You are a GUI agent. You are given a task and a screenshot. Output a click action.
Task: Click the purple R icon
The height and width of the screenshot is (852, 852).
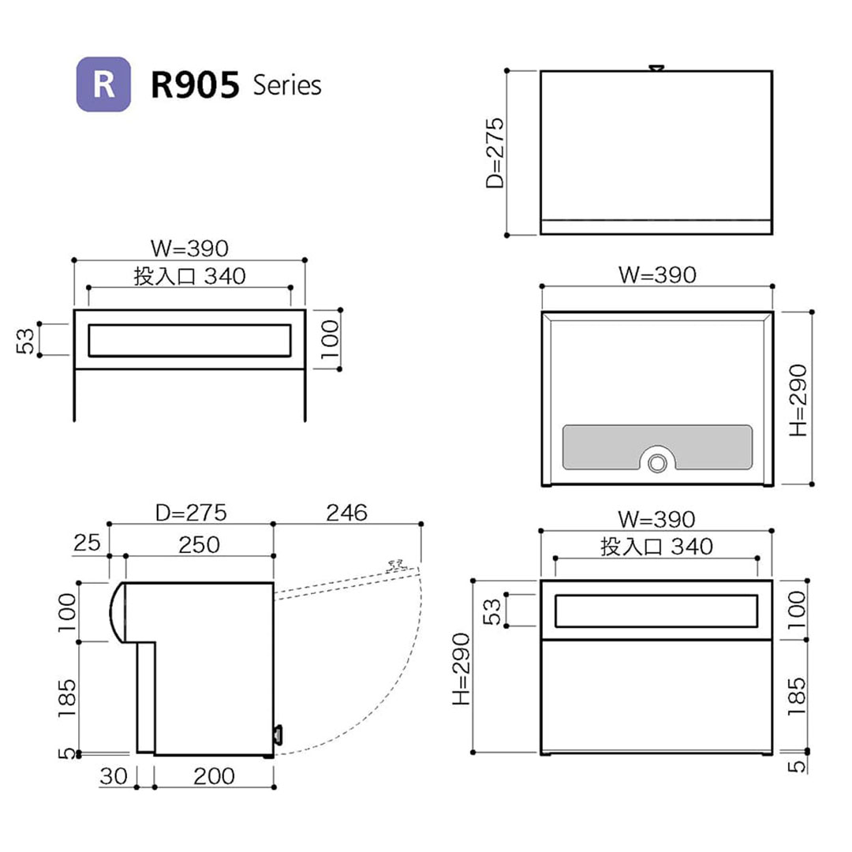coord(103,84)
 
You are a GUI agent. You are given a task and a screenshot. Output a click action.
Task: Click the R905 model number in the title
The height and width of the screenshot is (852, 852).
coord(195,85)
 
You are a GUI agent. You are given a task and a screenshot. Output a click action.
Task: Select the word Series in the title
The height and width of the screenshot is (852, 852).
coord(287,85)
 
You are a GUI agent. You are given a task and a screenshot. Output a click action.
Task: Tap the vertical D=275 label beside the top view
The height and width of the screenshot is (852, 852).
coord(495,153)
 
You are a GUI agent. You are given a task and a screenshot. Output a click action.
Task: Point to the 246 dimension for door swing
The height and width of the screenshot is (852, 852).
coord(347,513)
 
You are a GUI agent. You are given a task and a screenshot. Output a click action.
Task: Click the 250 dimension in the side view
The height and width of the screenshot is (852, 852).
coord(198,544)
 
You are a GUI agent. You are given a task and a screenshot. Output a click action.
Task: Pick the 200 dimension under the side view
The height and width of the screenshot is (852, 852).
coord(213,776)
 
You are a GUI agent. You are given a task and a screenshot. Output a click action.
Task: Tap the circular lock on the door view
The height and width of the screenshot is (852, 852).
coord(656,463)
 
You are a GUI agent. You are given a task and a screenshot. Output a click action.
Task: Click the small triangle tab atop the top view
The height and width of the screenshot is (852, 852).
coord(656,69)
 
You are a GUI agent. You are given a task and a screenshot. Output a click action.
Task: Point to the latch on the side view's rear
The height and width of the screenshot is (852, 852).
coord(278,734)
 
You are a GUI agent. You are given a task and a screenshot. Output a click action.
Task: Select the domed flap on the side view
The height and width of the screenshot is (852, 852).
coord(116,612)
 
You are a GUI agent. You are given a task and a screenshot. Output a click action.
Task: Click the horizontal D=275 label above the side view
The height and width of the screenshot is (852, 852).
coord(191,513)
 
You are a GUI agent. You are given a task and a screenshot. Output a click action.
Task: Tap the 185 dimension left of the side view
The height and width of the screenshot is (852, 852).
coord(67,694)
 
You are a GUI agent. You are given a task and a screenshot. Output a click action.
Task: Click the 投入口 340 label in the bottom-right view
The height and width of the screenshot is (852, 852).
coord(656,546)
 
